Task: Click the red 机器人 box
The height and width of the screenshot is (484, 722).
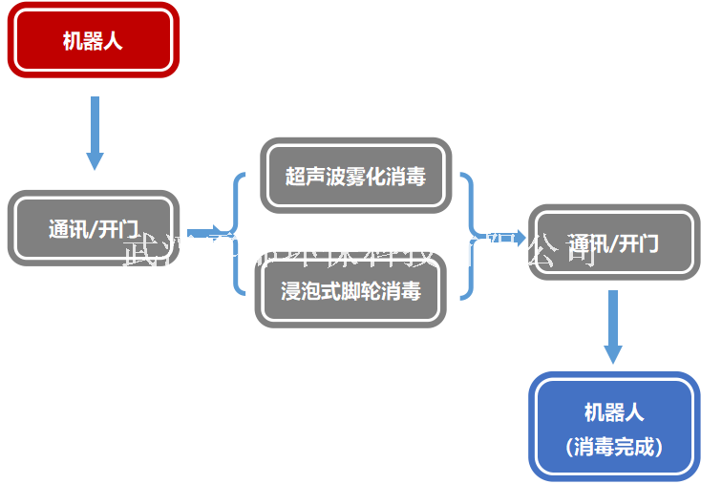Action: tap(93, 40)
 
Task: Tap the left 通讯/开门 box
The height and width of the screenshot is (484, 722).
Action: tap(93, 229)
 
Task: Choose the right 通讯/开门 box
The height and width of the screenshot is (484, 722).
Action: tap(613, 243)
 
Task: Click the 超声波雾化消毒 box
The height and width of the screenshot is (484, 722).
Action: tap(355, 176)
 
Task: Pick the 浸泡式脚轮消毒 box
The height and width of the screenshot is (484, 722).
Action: tap(350, 290)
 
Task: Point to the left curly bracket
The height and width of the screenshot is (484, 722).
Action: tap(239, 233)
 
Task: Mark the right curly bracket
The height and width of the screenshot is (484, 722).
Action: tap(467, 235)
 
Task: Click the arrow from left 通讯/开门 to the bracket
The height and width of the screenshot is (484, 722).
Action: tap(206, 232)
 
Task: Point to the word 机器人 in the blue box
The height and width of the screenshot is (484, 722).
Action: tap(613, 412)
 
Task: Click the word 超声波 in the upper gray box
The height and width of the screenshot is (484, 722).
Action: tap(308, 176)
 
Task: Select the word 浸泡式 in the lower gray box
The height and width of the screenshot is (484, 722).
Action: tap(304, 290)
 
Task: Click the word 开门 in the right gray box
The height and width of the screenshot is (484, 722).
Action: tap(639, 243)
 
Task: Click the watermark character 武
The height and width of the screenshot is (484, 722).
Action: tap(141, 250)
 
